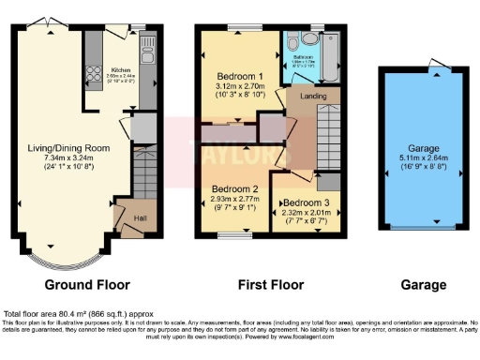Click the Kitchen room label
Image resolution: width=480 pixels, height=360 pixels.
tap(121, 69)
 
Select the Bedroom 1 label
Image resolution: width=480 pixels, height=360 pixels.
tap(241, 76)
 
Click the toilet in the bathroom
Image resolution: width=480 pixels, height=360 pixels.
tap(292, 43)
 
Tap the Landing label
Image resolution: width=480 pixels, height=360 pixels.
tap(312, 96)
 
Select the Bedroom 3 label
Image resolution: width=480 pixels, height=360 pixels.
tap(305, 203)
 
